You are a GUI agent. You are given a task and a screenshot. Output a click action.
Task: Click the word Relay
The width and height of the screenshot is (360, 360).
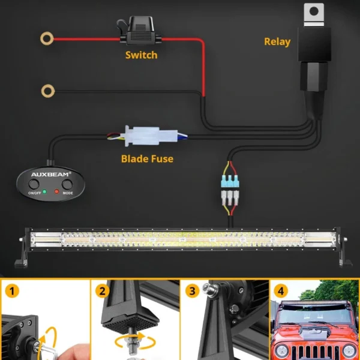[x=277, y=42]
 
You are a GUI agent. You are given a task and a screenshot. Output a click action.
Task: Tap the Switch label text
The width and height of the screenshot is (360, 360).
[x=142, y=55]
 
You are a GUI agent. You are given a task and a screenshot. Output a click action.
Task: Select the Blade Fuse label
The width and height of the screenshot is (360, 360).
[x=147, y=159]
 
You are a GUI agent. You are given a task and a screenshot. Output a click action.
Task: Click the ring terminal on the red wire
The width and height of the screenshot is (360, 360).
[x=47, y=38]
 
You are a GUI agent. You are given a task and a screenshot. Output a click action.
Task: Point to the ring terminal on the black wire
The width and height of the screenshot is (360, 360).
[x=48, y=91]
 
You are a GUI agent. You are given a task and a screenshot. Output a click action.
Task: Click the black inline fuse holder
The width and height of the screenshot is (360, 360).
[x=140, y=30]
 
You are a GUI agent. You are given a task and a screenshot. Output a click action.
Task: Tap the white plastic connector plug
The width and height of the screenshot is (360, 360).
[x=151, y=136]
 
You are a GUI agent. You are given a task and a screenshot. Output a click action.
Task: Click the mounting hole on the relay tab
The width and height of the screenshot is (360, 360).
[x=314, y=11]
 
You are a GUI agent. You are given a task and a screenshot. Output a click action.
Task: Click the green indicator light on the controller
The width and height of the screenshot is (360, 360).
[x=44, y=191]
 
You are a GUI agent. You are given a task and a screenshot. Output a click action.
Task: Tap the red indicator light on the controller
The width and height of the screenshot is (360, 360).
[x=56, y=191]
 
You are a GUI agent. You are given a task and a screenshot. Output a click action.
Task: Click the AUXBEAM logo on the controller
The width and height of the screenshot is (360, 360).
[x=51, y=175]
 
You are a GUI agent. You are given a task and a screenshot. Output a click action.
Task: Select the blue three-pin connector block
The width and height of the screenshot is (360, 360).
[x=230, y=181]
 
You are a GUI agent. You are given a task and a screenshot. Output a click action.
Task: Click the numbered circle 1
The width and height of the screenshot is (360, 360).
[x=12, y=291]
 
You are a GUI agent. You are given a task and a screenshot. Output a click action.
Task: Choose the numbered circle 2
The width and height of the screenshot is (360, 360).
[x=102, y=291]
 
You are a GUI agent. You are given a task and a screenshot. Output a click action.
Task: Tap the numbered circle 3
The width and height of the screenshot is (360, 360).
[x=192, y=291]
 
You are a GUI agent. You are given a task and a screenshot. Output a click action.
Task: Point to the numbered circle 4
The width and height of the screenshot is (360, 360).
[x=281, y=291]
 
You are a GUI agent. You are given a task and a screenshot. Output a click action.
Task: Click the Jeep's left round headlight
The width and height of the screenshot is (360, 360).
[x=281, y=351]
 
